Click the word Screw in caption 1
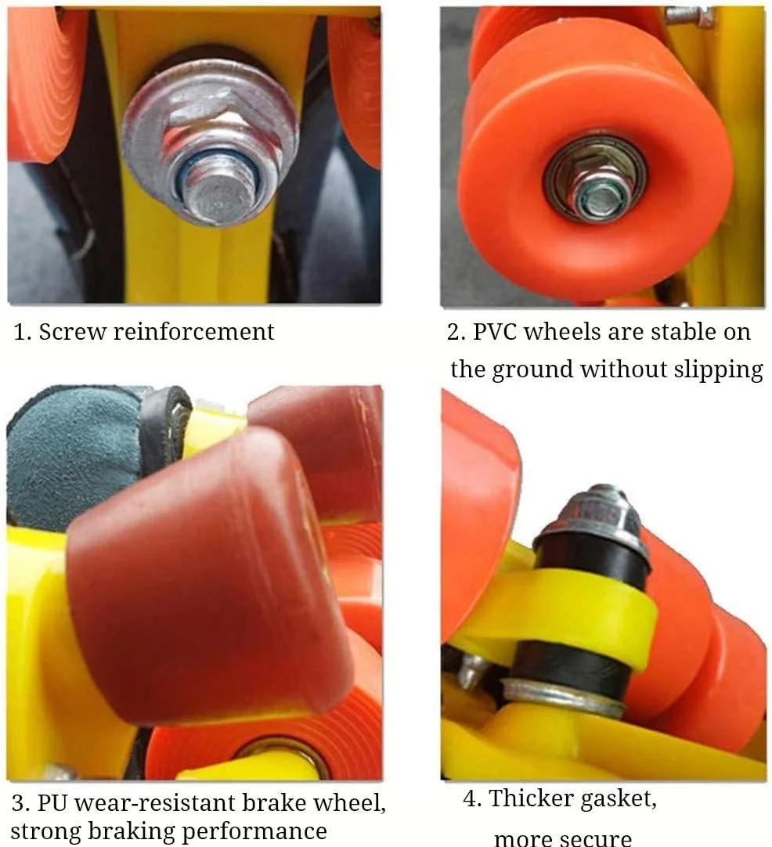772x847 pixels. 72,332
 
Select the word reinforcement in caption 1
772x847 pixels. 193,332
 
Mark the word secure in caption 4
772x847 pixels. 597,838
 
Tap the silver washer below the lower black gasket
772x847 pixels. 562,697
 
